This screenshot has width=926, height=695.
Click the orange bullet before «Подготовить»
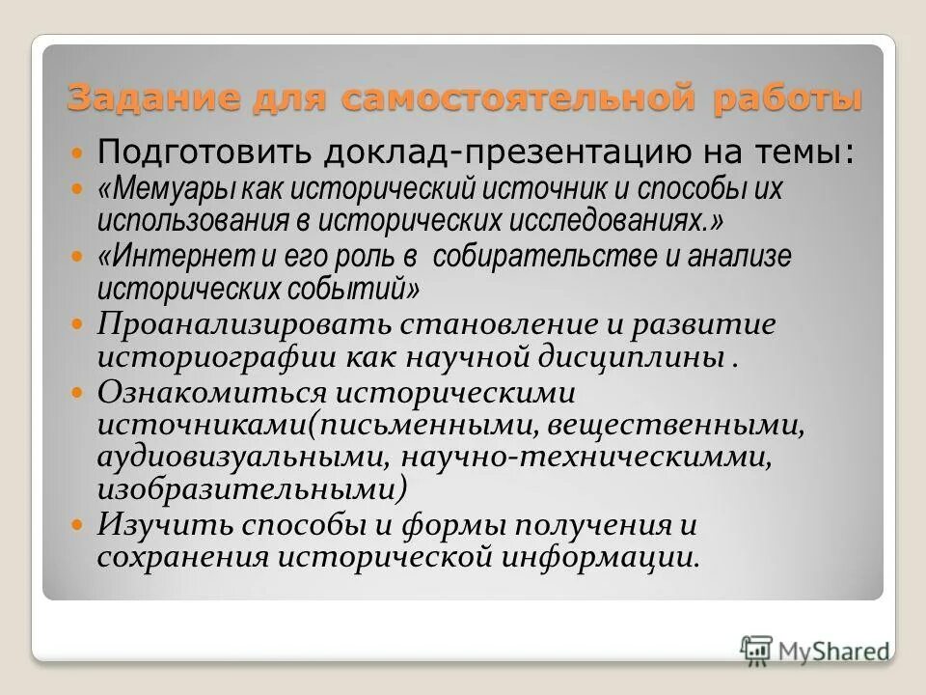click(x=79, y=153)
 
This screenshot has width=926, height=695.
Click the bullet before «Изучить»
click(x=79, y=524)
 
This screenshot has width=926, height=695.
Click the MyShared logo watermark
click(x=814, y=649)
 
